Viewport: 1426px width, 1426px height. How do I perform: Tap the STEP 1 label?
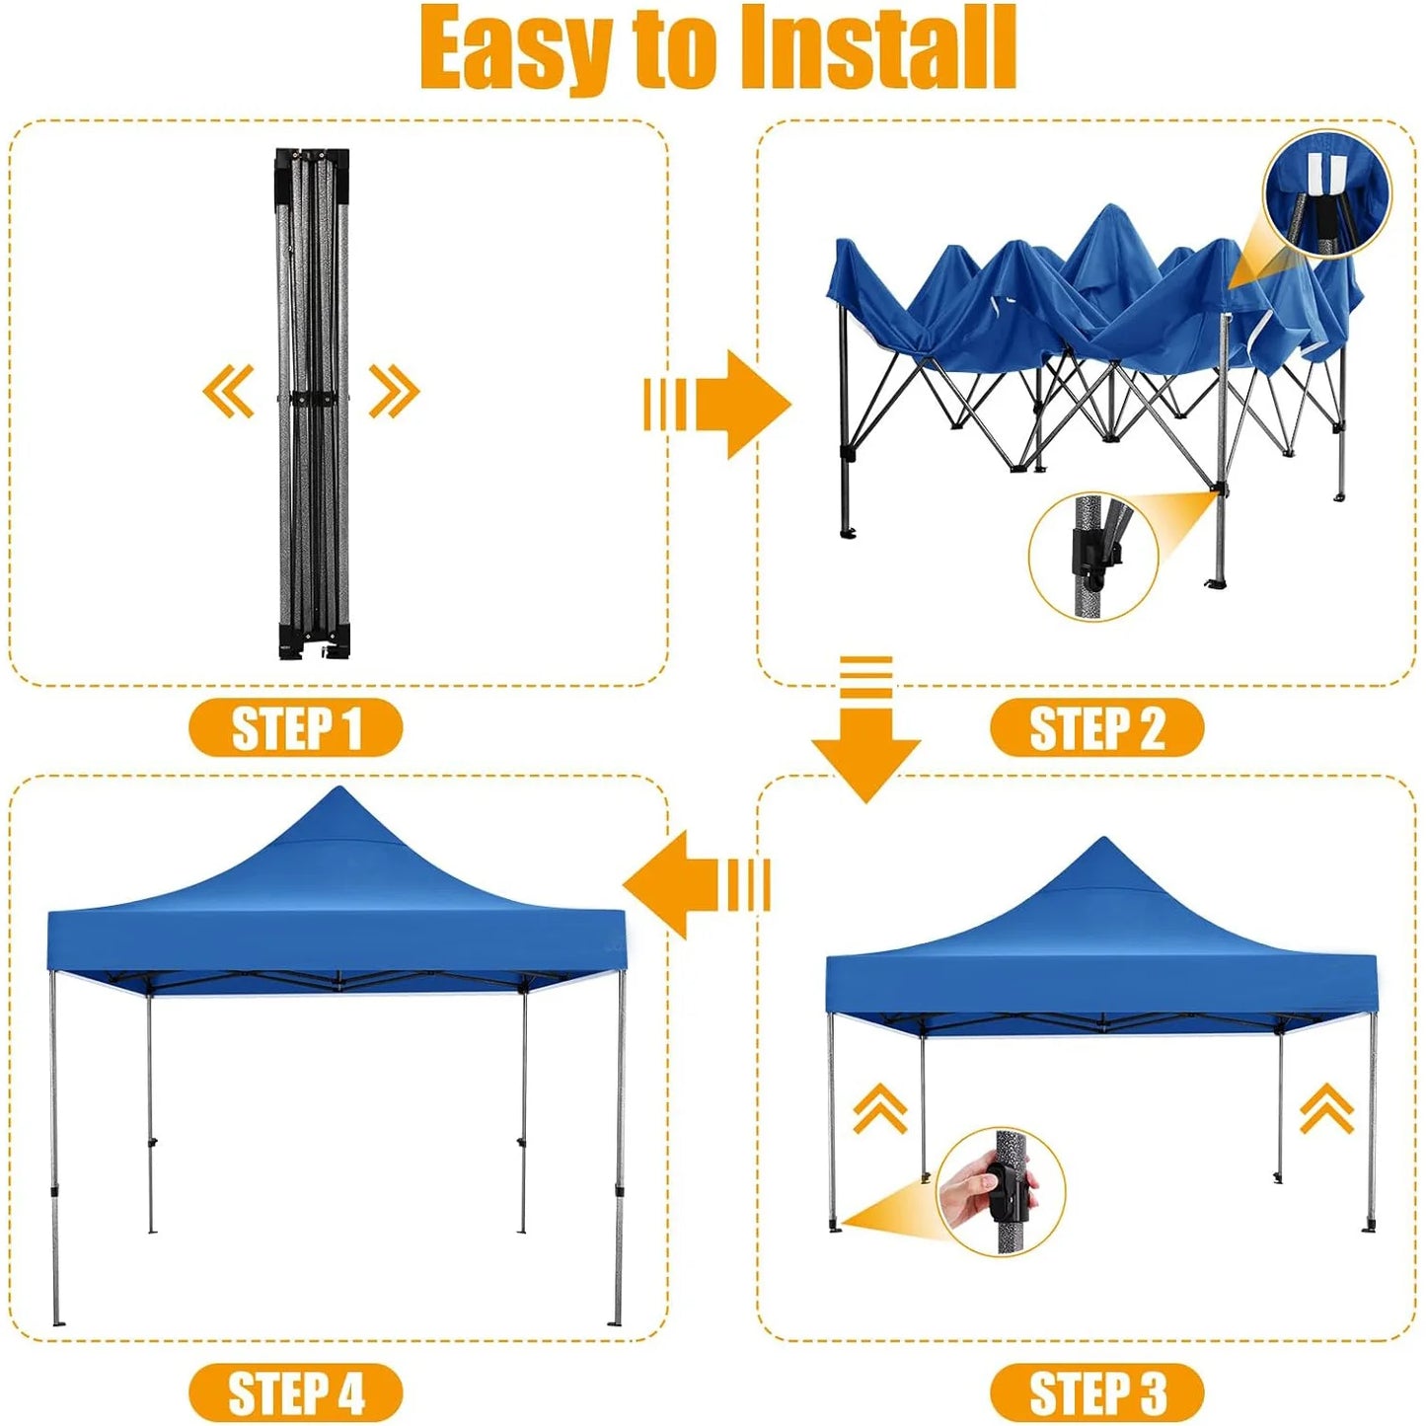tap(296, 728)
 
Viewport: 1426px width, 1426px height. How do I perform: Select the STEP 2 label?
tap(1096, 728)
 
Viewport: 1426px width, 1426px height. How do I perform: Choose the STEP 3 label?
tap(1096, 1393)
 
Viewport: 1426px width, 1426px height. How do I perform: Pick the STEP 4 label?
tap(296, 1393)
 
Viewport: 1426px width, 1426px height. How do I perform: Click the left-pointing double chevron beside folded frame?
tap(229, 391)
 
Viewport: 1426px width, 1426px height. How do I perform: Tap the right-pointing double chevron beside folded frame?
tap(394, 391)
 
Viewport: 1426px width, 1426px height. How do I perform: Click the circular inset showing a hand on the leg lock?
tap(1001, 1191)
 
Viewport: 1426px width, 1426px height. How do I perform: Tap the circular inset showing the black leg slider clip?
tap(1093, 557)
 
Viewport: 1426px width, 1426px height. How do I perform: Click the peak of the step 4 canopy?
tap(338, 791)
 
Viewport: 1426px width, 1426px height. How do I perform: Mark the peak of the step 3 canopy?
tap(1102, 842)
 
